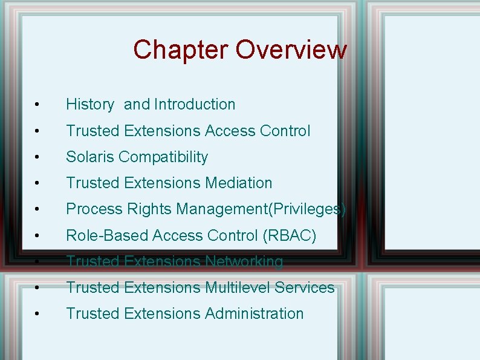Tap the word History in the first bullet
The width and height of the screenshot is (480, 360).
coord(89,105)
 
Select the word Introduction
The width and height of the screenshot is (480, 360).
coord(195,105)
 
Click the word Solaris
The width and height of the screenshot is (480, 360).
coord(90,157)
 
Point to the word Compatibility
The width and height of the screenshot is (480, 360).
coord(163,157)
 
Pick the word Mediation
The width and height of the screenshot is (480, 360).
coord(239,183)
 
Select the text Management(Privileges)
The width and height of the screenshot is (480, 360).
coord(261,209)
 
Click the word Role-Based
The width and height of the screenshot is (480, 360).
coord(108,235)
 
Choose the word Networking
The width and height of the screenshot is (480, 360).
coord(244,261)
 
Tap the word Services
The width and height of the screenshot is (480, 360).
coord(305,287)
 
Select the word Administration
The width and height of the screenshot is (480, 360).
coord(254,313)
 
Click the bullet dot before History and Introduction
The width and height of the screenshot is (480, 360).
coord(37,106)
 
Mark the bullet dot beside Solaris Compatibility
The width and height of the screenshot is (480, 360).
coord(37,158)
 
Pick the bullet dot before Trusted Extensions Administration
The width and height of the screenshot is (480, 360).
coord(37,315)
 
